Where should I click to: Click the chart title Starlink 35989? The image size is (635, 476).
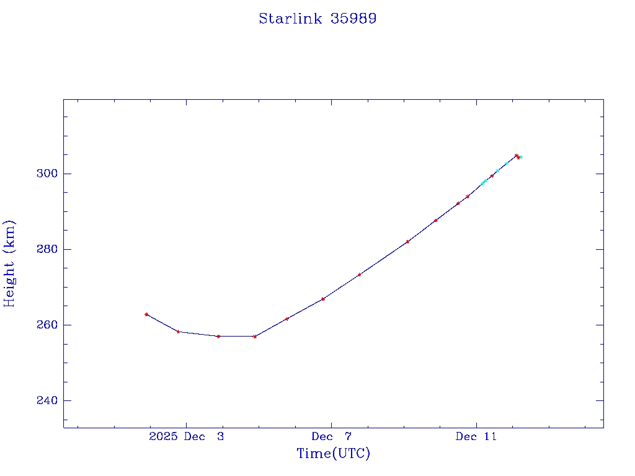click(317, 19)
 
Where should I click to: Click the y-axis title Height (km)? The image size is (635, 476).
click(9, 263)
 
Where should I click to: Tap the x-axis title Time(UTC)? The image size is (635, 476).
click(333, 454)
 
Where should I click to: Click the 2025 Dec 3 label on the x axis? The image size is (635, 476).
click(187, 436)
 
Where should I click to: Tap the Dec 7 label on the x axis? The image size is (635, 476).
click(331, 436)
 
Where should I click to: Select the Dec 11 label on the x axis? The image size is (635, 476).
click(476, 436)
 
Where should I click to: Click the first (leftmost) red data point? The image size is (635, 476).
click(146, 314)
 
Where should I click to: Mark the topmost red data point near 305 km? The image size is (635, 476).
click(516, 156)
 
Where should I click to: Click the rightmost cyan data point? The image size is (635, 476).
click(521, 157)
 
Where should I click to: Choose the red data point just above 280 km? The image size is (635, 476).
click(407, 242)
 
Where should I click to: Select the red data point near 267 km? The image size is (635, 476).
click(323, 299)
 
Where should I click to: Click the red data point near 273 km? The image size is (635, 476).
click(359, 275)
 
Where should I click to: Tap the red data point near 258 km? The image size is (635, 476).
click(178, 332)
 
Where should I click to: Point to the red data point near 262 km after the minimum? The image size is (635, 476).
click(287, 319)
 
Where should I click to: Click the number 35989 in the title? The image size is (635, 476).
click(353, 19)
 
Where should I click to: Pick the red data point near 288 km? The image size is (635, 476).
click(436, 220)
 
